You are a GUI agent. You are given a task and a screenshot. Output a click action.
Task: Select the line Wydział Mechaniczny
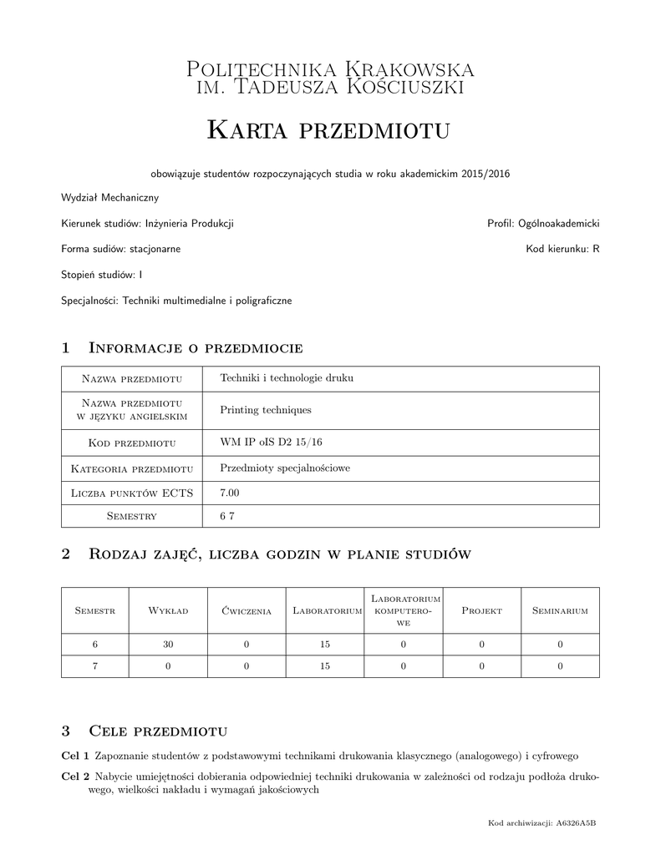coord(109,198)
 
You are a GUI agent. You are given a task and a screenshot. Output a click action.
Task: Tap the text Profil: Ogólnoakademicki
coord(543,224)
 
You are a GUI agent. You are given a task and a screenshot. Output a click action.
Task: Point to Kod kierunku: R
coord(562,249)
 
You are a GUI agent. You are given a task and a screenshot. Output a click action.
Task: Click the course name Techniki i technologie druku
coord(287,378)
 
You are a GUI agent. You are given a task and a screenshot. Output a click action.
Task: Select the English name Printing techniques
coord(265,410)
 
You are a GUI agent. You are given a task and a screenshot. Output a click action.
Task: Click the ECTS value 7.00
coord(229,493)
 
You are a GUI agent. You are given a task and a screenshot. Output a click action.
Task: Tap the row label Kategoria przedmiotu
coord(133,468)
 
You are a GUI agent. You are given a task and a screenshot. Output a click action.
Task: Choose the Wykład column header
coord(168,611)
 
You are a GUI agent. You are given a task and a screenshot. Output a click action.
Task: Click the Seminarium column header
coord(560,611)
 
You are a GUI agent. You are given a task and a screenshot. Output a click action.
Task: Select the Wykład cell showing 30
coord(168,645)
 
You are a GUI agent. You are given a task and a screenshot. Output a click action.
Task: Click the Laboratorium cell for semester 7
coord(325,666)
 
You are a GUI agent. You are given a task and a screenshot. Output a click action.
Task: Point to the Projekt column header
coord(481,611)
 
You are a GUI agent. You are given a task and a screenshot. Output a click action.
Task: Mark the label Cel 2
coord(75,776)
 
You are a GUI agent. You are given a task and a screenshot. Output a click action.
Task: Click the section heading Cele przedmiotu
coord(158,731)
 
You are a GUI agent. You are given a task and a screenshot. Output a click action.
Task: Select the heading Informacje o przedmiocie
coord(195,347)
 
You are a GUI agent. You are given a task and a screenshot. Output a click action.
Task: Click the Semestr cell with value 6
coord(95,645)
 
